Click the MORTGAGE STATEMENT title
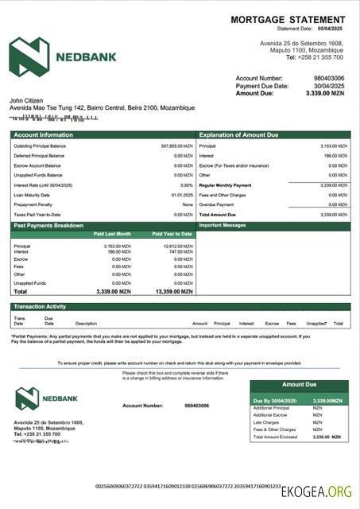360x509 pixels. (x=288, y=19)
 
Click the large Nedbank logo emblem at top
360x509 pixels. (x=29, y=56)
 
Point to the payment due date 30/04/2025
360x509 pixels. (x=329, y=86)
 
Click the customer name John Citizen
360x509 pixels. (x=25, y=100)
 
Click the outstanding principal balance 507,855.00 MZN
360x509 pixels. (x=176, y=146)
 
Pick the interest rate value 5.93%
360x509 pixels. (x=187, y=185)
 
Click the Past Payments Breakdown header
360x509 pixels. (x=48, y=226)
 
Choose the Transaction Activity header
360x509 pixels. (x=40, y=306)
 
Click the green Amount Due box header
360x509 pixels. (x=299, y=385)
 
